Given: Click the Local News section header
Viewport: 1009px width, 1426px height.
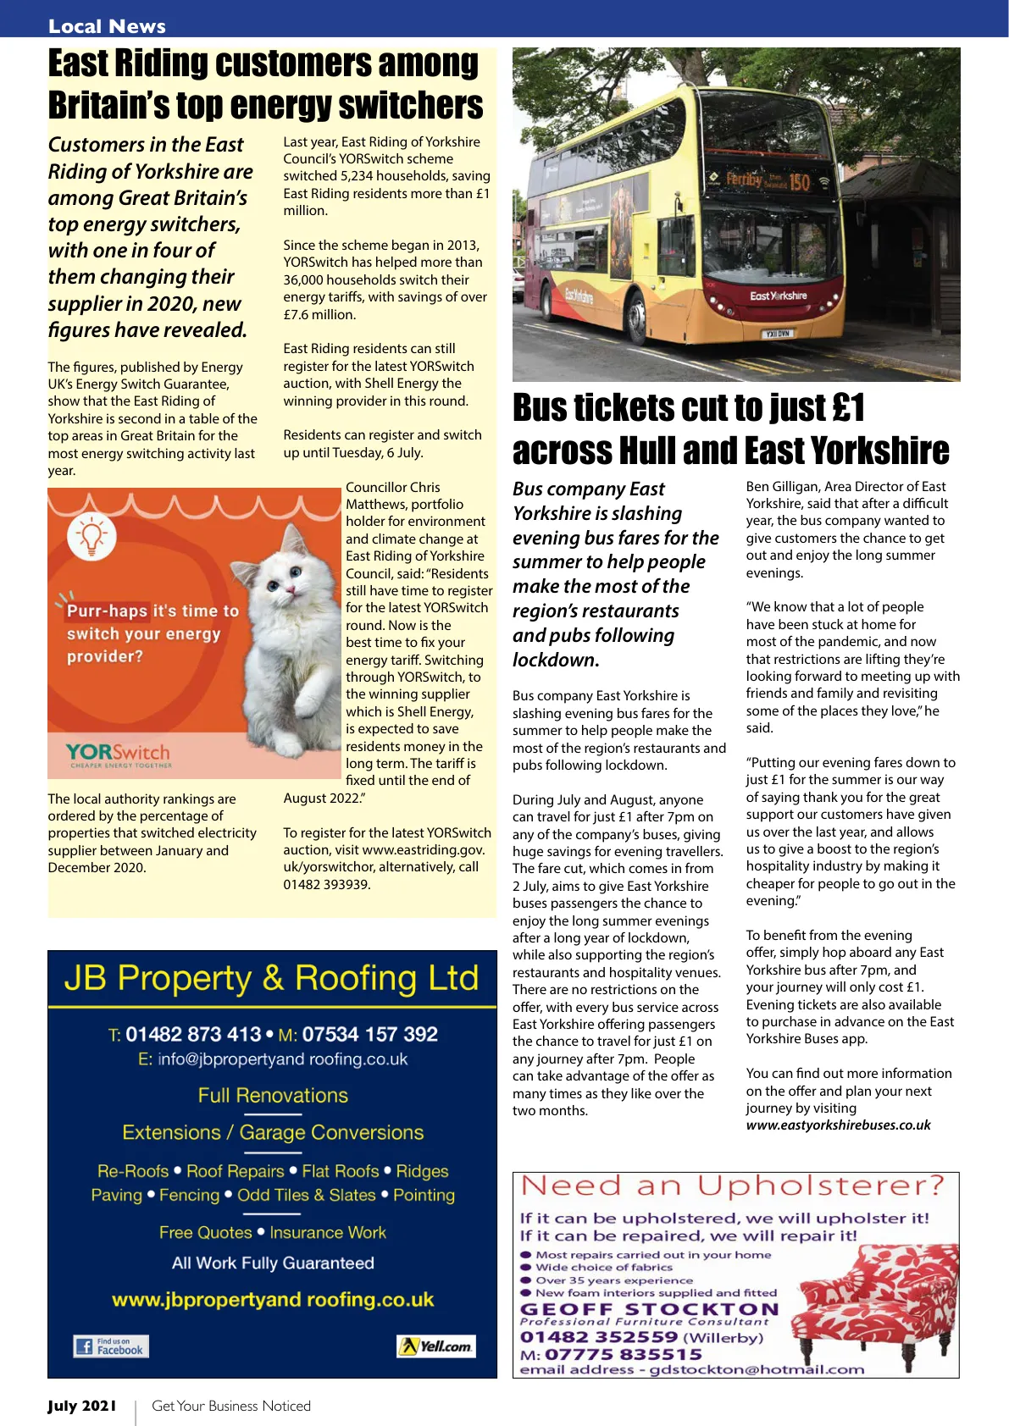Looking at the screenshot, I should [107, 26].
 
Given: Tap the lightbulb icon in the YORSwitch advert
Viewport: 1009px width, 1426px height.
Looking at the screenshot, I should [91, 537].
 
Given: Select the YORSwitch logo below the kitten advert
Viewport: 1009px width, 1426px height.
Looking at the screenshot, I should [118, 754].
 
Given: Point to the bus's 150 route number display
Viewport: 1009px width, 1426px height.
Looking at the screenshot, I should [799, 182].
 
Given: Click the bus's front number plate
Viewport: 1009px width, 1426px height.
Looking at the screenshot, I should [776, 334].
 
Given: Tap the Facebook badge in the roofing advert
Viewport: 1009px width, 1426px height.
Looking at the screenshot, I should [111, 1346].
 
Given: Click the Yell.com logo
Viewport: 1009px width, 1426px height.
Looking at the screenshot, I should [436, 1346].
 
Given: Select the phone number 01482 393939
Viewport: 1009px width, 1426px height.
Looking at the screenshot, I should [327, 884].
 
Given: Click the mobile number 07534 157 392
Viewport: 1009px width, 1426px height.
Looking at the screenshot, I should [369, 1034].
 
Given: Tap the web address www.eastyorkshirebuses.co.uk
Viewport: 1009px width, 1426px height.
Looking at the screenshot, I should [838, 1125].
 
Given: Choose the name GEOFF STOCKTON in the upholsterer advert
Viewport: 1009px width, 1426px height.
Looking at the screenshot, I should [648, 1309].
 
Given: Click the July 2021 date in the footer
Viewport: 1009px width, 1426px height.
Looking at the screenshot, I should [81, 1407].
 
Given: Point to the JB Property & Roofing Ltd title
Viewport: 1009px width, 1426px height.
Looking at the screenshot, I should [272, 979].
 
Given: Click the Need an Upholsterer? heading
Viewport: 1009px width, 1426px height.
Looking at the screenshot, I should [732, 1186].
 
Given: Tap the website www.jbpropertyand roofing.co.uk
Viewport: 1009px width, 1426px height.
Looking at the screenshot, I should [272, 1300].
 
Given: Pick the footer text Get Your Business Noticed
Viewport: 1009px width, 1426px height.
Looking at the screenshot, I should [231, 1407].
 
